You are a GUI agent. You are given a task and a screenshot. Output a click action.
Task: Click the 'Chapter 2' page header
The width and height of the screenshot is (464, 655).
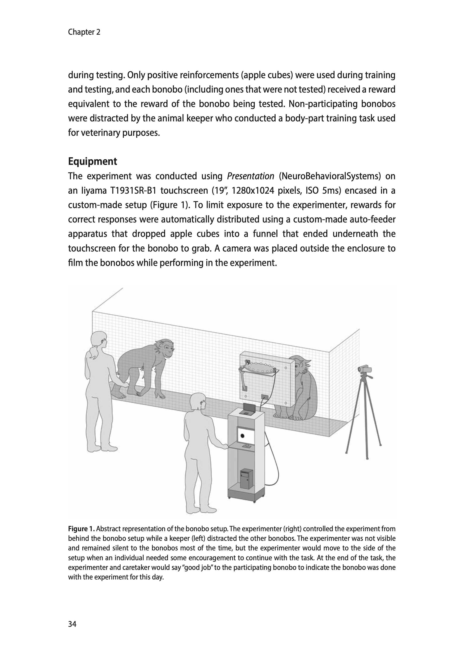(84, 32)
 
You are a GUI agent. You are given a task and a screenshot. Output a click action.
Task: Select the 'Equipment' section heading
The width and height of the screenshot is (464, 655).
(93, 162)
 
